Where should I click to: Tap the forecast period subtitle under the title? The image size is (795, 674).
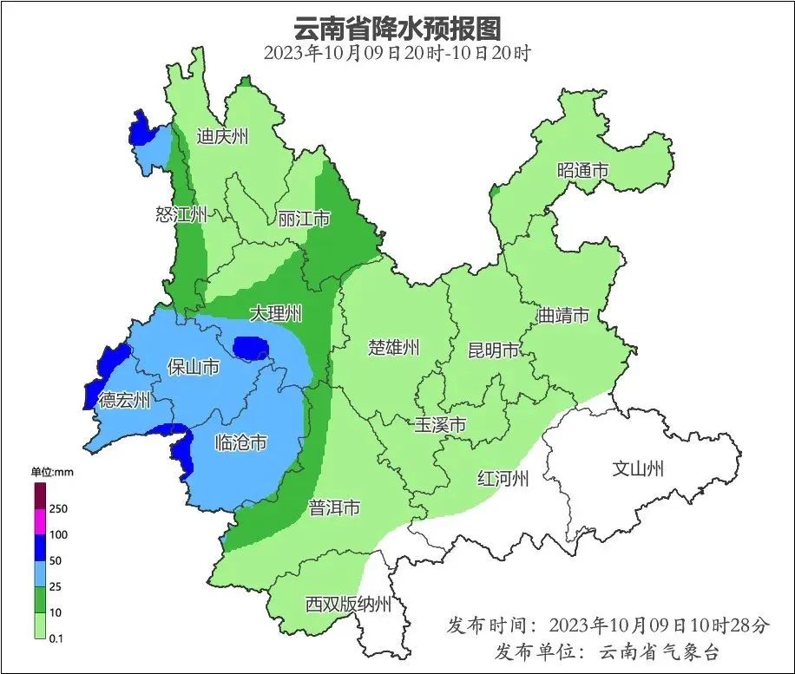pos(397,52)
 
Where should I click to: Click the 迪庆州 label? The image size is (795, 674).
pos(222,136)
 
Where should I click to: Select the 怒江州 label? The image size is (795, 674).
pos(181,215)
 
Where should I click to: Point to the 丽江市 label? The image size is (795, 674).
pos(304,219)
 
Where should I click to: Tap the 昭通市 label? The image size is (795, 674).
pos(582,171)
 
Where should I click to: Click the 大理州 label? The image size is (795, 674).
pos(275,313)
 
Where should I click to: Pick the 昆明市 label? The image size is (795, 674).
pos(493,350)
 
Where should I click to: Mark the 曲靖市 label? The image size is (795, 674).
pos(563,315)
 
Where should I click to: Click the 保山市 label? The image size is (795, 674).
pos(193,368)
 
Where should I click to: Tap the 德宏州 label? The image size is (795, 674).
pos(123,400)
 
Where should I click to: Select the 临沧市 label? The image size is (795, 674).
pos(240,443)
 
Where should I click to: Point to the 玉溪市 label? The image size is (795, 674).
pos(440,425)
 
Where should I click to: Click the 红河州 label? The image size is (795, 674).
pos(503,478)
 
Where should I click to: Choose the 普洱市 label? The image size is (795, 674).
pos(334,508)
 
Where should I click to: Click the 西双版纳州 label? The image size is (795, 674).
pos(348,605)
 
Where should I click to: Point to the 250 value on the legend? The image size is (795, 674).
pos(59,508)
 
